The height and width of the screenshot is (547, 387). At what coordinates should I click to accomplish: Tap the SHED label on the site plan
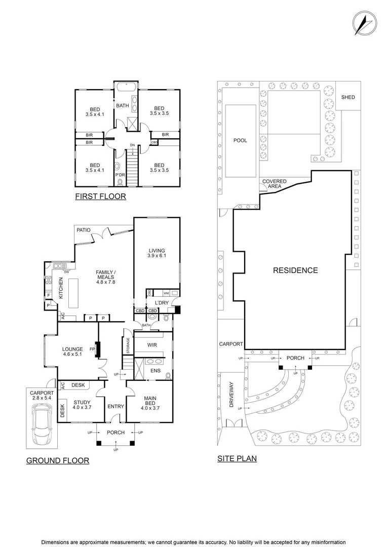348,97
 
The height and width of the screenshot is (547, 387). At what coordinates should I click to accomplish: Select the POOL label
240,140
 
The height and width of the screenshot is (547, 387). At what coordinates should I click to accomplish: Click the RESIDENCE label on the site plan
295,270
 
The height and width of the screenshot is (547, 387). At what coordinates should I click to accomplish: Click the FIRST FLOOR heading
100,197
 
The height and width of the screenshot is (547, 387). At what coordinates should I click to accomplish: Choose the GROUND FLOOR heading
57,460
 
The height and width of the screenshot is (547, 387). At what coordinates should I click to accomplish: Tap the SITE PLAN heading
237,459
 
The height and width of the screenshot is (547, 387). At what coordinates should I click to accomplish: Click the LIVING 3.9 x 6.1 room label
157,253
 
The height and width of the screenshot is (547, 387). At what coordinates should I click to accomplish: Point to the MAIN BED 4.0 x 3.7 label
148,403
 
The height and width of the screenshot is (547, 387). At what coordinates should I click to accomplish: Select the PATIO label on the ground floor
84,230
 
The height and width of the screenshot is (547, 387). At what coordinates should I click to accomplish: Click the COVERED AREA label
274,184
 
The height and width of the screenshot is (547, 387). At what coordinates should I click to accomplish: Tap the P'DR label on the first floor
120,175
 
